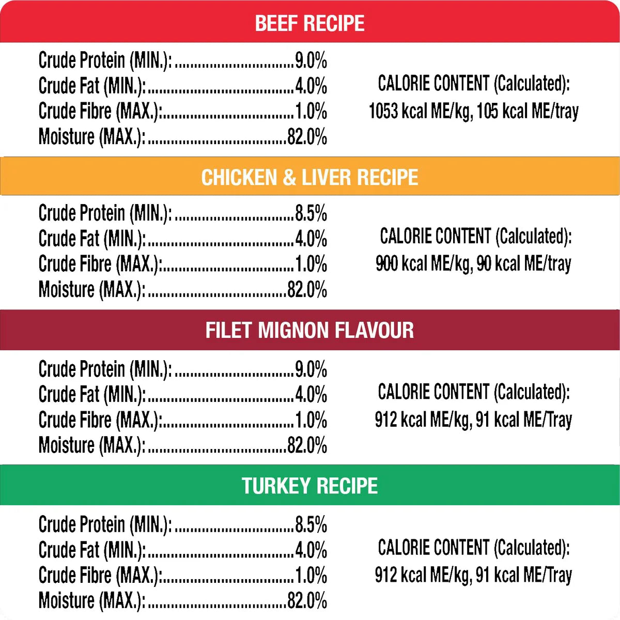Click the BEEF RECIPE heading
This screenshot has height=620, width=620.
pos(309,23)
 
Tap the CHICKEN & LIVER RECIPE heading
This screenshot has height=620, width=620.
pos(309,177)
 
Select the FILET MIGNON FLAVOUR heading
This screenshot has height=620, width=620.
pos(309,330)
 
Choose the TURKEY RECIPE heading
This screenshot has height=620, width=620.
pos(309,486)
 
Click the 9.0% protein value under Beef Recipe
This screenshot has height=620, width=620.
pos(311,60)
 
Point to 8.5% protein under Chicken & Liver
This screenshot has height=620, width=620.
pos(311,213)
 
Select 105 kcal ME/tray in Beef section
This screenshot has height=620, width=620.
pos(527,111)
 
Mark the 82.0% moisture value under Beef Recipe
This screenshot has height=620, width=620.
pos(307,137)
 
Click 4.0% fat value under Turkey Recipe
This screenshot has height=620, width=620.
pos(311,550)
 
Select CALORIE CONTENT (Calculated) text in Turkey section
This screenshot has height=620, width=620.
pos(473,548)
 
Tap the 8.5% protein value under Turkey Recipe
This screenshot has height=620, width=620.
pos(311,524)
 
